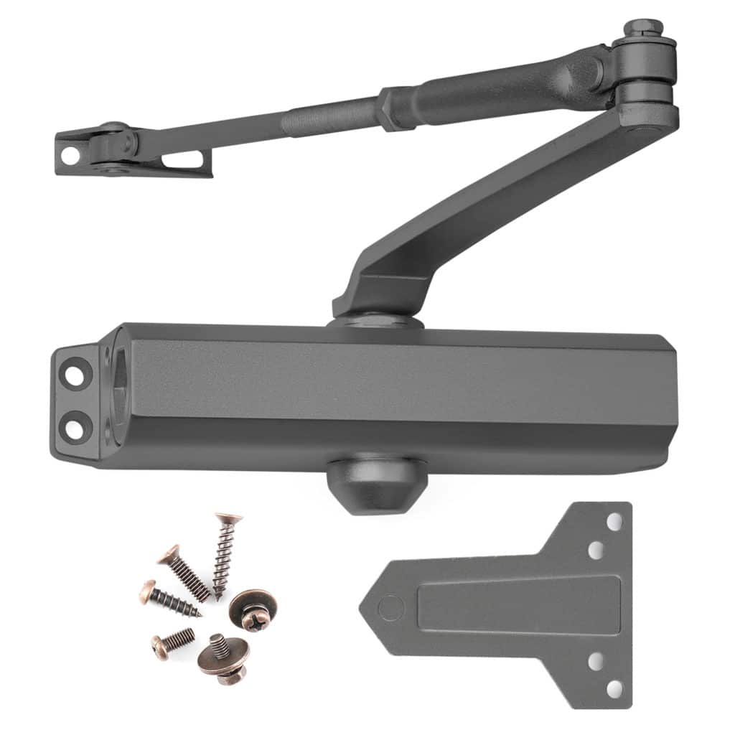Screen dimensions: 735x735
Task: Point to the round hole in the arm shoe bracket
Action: (68, 154)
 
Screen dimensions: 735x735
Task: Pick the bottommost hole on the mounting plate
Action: (614, 689)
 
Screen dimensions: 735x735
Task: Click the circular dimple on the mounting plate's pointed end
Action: (388, 609)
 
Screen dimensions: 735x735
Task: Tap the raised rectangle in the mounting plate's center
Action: (517, 607)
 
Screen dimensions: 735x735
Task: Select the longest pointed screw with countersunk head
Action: (225, 553)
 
